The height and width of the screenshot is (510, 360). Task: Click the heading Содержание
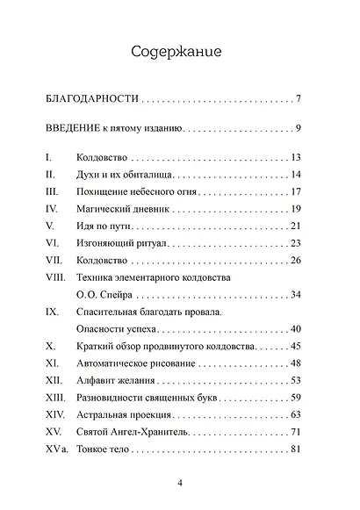point(180,52)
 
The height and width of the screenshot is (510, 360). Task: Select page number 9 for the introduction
point(299,129)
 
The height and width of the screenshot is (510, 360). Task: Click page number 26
point(295,260)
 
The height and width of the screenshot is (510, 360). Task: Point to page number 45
point(295,346)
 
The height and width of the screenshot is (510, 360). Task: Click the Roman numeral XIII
point(54,397)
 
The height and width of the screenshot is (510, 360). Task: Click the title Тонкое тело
point(104,449)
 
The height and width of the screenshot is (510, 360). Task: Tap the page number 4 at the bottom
point(180,483)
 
